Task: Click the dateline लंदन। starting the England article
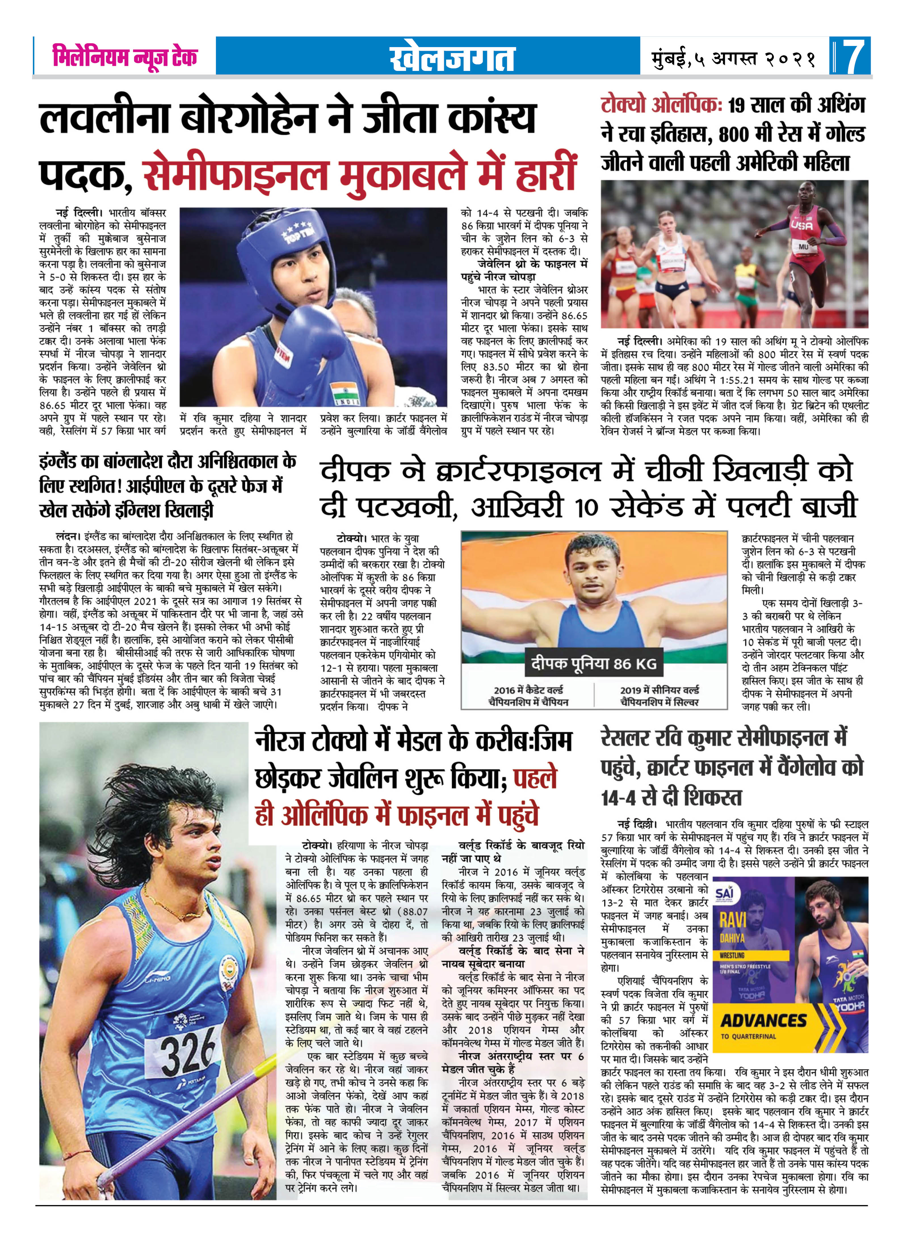(x=68, y=536)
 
